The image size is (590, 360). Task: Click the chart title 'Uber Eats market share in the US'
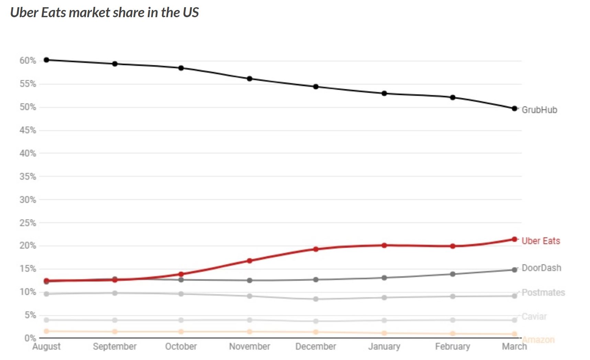coord(104,13)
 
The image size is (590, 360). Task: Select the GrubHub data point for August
coord(46,60)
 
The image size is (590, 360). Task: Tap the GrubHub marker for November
coord(249,79)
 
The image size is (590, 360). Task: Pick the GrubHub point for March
coord(514,109)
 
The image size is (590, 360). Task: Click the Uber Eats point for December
coord(316,249)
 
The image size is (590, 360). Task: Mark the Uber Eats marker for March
coord(514,239)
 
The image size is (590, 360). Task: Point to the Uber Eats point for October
coord(181,274)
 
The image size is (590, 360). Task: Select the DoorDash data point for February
coord(453,274)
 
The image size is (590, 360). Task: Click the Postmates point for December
coord(316,299)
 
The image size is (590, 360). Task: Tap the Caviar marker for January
coord(384,320)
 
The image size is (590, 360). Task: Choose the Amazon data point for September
coord(115,331)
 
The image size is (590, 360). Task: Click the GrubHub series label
coord(539,110)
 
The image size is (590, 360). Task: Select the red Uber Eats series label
coord(541,241)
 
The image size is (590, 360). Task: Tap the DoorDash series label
coord(541,268)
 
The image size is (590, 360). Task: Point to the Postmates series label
coord(543,293)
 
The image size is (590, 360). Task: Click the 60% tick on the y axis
coord(27,61)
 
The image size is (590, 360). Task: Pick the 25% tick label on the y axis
coord(27,223)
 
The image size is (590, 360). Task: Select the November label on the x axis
coord(249,346)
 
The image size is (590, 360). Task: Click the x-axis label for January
coord(384,346)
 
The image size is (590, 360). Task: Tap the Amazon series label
coord(538,340)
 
